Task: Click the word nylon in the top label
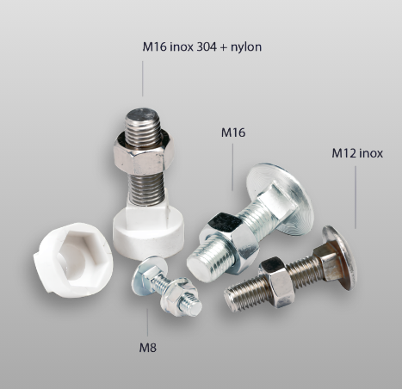(246, 47)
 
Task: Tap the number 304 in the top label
(206, 46)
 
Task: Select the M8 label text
(148, 348)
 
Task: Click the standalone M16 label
(233, 133)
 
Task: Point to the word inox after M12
(371, 153)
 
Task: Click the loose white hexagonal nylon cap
(73, 260)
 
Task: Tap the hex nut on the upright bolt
(144, 152)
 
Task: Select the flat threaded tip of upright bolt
(143, 115)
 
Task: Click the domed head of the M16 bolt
(279, 199)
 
